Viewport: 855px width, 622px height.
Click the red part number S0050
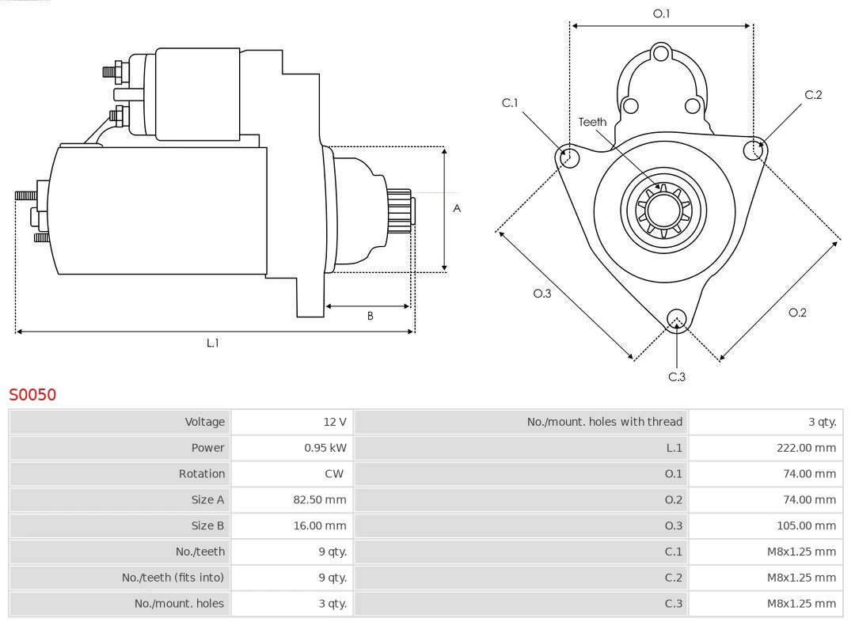point(32,394)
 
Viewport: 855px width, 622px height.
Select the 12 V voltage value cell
point(335,422)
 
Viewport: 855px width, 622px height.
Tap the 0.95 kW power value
point(325,448)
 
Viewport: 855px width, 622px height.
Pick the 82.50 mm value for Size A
point(320,499)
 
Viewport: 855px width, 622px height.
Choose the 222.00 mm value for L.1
point(806,448)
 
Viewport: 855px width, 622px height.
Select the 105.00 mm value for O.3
point(806,525)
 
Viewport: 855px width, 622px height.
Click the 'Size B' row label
point(207,525)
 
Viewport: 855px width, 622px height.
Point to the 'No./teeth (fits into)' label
point(173,578)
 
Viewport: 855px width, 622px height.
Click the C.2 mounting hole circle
point(754,150)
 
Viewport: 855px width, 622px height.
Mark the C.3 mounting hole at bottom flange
point(676,319)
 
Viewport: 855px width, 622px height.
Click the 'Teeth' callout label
point(592,122)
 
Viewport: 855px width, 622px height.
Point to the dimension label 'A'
point(457,209)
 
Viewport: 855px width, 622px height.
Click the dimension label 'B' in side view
point(370,316)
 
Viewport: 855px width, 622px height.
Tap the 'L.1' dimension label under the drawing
point(213,343)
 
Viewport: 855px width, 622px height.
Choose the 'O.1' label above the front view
point(661,13)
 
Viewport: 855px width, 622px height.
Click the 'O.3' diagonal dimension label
point(541,294)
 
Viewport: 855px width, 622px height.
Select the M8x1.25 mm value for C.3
point(801,604)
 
